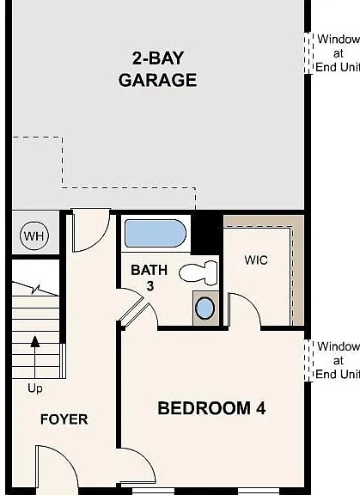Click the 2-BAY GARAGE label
pos(157,70)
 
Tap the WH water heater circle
pos(33,235)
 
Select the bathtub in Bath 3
pos(155,234)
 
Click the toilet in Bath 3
pos(199,273)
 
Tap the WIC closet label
pos(256,260)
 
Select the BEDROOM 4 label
pos(211,408)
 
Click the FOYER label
pos(64,419)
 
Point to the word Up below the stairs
pos(35,388)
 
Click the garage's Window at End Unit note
pos(338,53)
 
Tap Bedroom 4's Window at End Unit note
pos(338,360)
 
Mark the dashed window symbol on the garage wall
pos(307,53)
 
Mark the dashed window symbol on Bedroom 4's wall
pos(307,360)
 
